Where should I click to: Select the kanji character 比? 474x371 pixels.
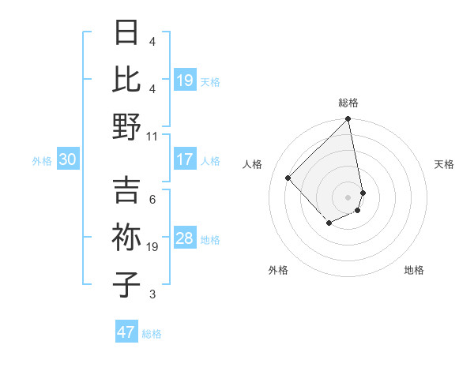pyautogui.click(x=126, y=80)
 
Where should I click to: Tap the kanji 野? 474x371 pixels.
pyautogui.click(x=126, y=126)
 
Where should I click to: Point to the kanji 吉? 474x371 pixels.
pyautogui.click(x=126, y=190)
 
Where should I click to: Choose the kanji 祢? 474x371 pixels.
pyautogui.click(x=126, y=238)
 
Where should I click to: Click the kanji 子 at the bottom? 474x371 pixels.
pyautogui.click(x=126, y=284)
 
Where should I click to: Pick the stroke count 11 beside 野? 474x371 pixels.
pyautogui.click(x=152, y=136)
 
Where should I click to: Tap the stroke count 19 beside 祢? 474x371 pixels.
pyautogui.click(x=152, y=246)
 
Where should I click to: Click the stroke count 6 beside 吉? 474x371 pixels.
pyautogui.click(x=152, y=199)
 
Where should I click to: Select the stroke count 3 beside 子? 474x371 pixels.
pyautogui.click(x=152, y=294)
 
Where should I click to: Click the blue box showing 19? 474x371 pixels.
pyautogui.click(x=185, y=81)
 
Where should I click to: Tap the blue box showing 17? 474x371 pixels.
pyautogui.click(x=185, y=159)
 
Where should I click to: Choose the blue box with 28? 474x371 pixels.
pyautogui.click(x=185, y=238)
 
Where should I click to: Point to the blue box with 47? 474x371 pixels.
pyautogui.click(x=126, y=332)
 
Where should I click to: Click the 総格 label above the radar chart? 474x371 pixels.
pyautogui.click(x=348, y=103)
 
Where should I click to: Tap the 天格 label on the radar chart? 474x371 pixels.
pyautogui.click(x=445, y=164)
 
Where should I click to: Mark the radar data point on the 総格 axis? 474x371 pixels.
pyautogui.click(x=348, y=120)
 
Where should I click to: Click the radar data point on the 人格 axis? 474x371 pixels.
pyautogui.click(x=288, y=178)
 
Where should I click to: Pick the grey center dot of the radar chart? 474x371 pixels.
pyautogui.click(x=348, y=197)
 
